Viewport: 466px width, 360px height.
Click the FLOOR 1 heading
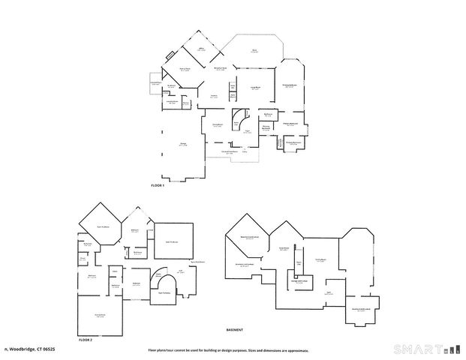(x=157, y=184)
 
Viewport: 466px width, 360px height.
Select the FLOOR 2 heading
(x=85, y=339)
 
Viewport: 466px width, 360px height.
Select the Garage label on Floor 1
(x=182, y=145)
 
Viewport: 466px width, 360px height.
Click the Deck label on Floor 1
(x=254, y=50)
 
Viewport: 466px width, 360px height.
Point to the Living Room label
(x=255, y=88)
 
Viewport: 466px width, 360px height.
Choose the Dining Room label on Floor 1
(x=216, y=124)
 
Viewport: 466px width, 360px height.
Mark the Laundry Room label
(x=172, y=102)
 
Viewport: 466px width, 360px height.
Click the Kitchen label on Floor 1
(x=213, y=96)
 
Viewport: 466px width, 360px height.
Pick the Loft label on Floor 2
(x=181, y=271)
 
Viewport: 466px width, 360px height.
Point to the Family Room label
(x=319, y=259)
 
